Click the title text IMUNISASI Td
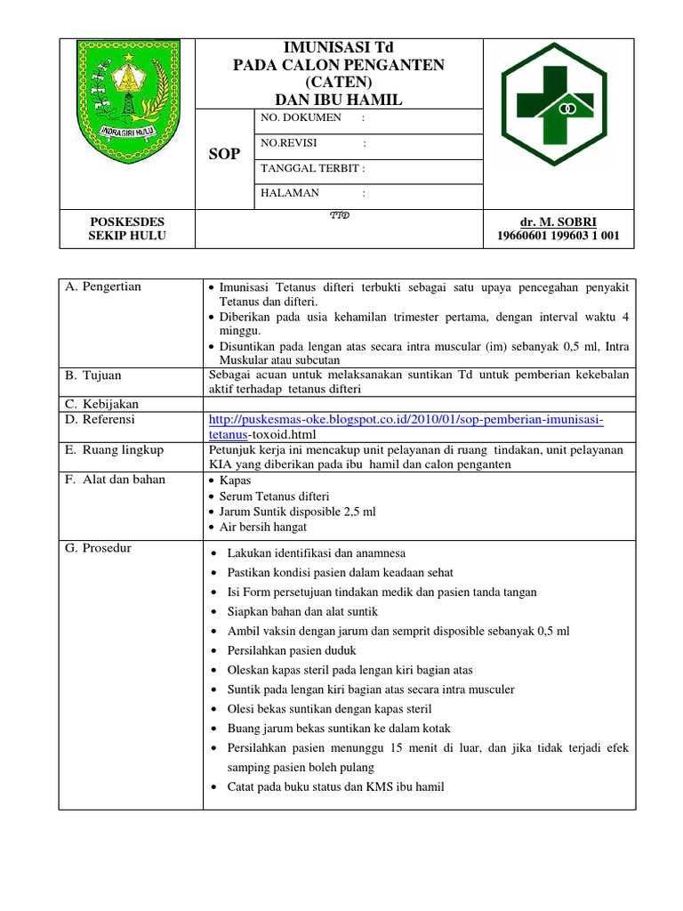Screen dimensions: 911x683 click(338, 47)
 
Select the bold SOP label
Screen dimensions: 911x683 click(224, 154)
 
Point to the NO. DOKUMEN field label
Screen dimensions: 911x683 click(300, 118)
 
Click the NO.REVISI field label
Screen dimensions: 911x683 click(289, 142)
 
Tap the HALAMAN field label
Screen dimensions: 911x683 click(289, 192)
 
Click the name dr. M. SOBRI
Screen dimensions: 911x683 click(558, 220)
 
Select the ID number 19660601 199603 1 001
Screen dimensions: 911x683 click(558, 236)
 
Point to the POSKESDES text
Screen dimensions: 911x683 click(127, 220)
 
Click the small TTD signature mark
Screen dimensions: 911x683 click(339, 215)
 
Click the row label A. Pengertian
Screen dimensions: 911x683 click(104, 286)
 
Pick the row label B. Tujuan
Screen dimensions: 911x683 click(93, 375)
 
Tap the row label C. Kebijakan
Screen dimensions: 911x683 click(102, 404)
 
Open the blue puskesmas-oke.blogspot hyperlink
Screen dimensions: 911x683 click(406, 420)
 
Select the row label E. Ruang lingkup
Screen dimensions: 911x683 click(115, 450)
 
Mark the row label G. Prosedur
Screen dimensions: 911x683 click(99, 548)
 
